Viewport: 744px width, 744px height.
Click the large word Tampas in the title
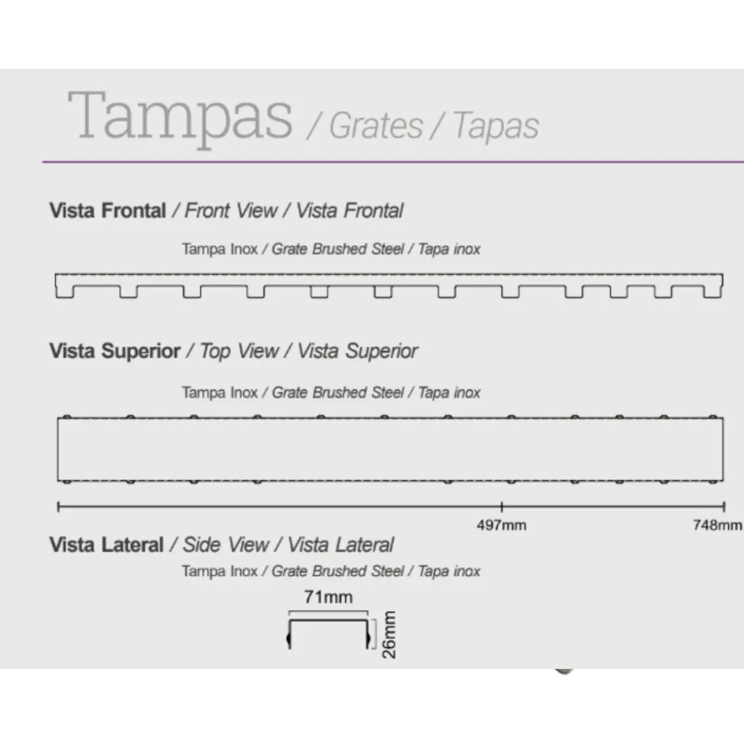180,118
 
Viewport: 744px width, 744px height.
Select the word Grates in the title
376,126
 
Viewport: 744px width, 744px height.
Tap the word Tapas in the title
496,126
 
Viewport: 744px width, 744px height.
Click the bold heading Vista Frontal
108,211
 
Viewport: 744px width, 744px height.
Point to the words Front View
231,211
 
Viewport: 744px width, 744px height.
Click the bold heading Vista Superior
115,351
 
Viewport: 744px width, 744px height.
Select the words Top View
239,351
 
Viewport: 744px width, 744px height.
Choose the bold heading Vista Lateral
106,545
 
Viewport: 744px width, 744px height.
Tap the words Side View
226,545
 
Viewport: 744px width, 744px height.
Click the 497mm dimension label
501,525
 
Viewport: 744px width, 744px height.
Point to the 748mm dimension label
717,525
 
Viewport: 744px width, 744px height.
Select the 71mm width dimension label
328,597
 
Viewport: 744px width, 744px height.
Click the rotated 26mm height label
388,635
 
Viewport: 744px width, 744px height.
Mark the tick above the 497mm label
501,507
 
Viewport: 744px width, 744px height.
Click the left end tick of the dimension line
58,507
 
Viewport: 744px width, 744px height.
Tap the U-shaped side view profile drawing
328,620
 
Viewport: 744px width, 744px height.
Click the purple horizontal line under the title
393,161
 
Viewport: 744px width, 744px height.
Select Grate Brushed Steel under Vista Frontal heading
337,249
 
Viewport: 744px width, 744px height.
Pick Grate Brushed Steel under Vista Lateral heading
337,571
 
